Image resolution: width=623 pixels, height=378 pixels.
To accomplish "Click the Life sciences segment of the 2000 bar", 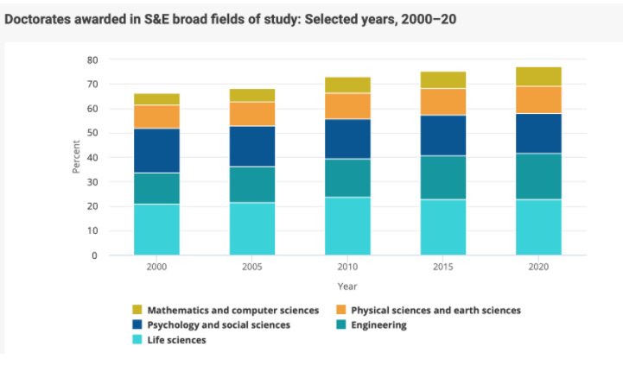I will point(156,230).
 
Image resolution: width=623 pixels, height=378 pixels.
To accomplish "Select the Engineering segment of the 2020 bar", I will point(538,176).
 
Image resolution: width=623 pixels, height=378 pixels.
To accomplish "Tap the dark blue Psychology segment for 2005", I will point(252,146).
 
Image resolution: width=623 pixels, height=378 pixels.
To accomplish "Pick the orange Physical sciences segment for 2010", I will point(347,105).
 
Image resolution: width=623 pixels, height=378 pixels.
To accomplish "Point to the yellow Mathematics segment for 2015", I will point(443,79).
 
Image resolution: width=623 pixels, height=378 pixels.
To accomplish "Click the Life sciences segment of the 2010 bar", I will point(347,226).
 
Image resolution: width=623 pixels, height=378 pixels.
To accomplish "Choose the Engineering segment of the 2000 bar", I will point(156,188).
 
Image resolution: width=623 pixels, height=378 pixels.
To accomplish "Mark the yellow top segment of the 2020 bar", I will point(538,76).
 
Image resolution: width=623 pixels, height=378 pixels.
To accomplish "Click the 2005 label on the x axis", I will point(252,268).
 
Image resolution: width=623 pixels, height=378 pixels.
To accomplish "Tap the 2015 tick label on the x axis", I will point(443,268).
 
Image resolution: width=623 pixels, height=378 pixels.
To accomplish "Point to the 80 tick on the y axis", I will point(92,60).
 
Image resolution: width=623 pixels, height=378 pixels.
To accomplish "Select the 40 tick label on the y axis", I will point(92,158).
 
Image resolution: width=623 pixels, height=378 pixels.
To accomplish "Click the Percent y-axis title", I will point(75,158).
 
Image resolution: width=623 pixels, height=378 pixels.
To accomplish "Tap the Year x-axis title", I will point(347,287).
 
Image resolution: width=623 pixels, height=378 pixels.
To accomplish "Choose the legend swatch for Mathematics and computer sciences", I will point(137,309).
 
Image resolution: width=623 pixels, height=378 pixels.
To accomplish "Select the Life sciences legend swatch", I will point(137,340).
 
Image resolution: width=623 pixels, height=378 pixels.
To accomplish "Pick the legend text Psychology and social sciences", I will point(219,324).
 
